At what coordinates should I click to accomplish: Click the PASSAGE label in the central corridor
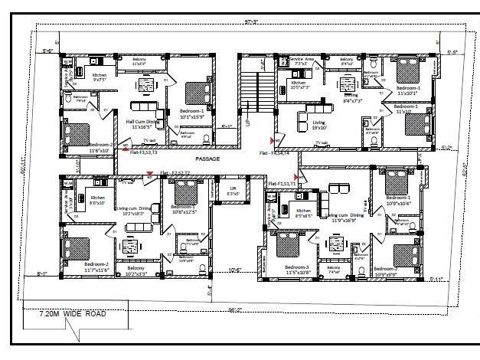coord(207,159)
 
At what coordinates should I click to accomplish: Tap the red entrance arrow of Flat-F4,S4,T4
coord(273,140)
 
